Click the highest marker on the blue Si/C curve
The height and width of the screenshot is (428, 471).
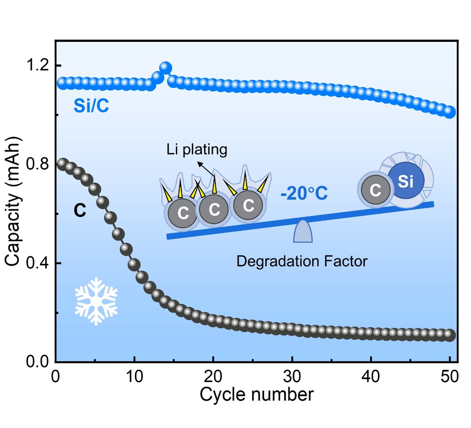click(166, 68)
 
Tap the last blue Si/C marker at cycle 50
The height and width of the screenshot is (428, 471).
click(449, 112)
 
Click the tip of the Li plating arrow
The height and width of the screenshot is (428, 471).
click(197, 162)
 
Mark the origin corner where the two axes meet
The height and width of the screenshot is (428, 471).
click(56, 362)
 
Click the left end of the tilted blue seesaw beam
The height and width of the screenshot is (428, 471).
click(167, 237)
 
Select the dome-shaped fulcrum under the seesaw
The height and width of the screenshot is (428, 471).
click(303, 231)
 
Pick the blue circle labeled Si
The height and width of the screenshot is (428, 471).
click(406, 180)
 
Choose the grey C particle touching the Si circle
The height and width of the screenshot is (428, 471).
click(376, 190)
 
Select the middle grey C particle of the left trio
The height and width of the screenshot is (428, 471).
click(214, 209)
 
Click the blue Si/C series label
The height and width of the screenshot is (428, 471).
click(91, 106)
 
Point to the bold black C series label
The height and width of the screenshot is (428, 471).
click(80, 210)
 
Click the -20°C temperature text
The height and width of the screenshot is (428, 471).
click(304, 194)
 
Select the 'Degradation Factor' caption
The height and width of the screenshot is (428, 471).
click(302, 261)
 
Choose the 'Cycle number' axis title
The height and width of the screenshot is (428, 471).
click(256, 394)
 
